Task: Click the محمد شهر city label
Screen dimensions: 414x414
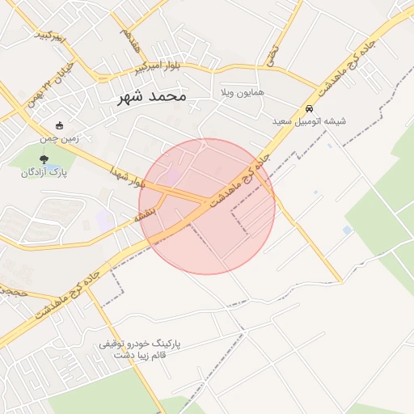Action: click(x=151, y=96)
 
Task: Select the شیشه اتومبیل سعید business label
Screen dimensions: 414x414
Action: click(x=308, y=121)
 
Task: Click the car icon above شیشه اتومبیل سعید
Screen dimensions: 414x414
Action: click(x=308, y=108)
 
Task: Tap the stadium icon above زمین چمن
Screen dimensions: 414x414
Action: click(x=60, y=125)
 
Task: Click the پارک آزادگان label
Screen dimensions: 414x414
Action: click(x=44, y=172)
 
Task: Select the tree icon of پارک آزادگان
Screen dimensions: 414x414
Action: click(x=44, y=159)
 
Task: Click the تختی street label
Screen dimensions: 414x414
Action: click(x=272, y=56)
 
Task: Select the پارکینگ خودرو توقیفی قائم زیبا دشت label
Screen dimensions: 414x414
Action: click(x=139, y=349)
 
